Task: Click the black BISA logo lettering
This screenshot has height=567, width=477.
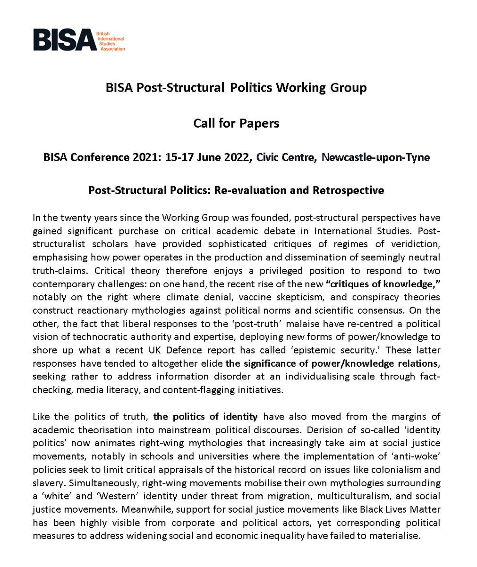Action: point(64,39)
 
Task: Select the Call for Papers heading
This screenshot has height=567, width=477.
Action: point(236,123)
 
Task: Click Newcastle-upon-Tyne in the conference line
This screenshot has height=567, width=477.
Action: point(375,157)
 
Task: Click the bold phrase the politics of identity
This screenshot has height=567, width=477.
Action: point(206,416)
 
